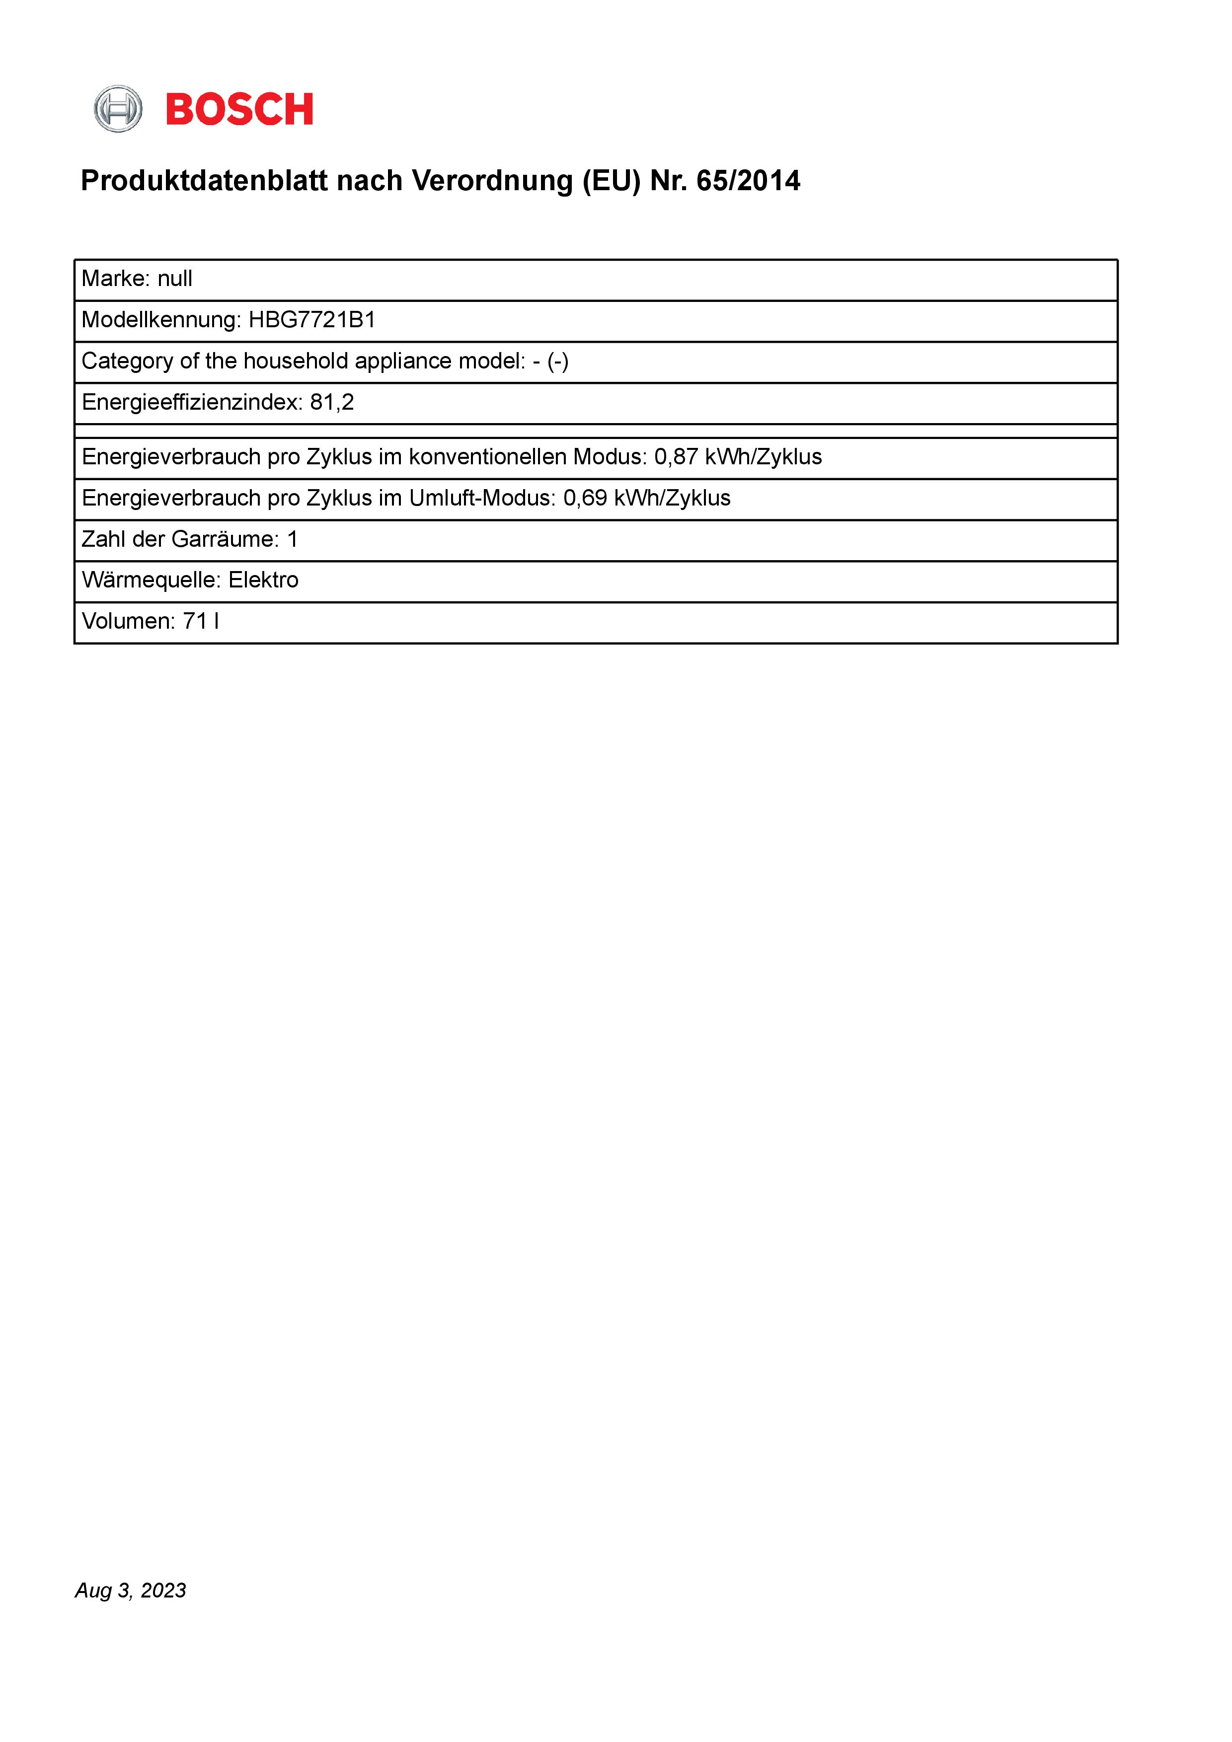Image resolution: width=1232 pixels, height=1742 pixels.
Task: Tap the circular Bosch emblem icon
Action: (x=118, y=109)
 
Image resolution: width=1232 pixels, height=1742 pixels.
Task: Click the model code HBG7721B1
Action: (x=312, y=320)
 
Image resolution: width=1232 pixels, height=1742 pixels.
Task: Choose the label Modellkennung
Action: (x=160, y=320)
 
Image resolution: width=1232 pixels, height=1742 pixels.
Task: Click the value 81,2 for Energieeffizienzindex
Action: (x=332, y=402)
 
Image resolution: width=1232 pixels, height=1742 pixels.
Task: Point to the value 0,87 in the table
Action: (x=676, y=457)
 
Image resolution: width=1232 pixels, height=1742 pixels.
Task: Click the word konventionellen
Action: (x=487, y=457)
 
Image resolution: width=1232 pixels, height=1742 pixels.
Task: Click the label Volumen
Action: (x=128, y=621)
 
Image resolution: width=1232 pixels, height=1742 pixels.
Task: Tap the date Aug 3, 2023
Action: (x=131, y=1590)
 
